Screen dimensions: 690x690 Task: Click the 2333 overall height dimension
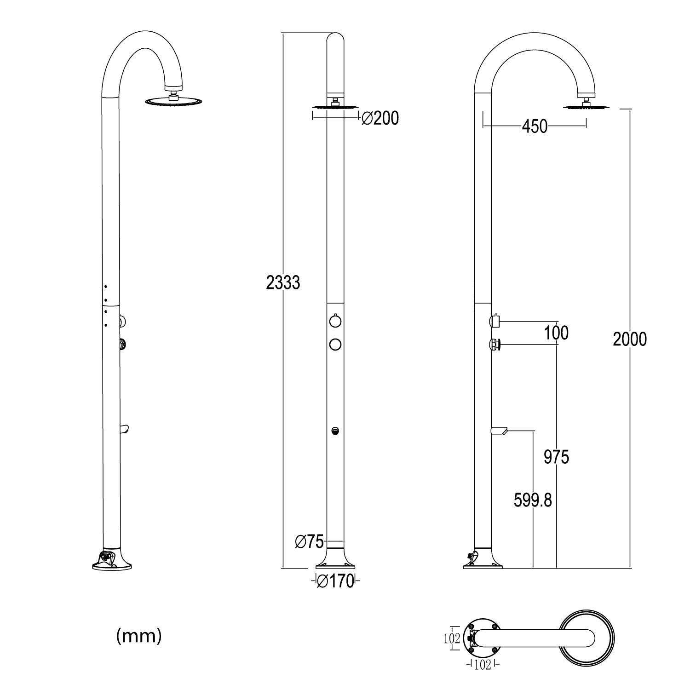pos(283,282)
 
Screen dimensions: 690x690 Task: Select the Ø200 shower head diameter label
pos(380,118)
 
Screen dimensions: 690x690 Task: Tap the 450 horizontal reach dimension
pos(535,126)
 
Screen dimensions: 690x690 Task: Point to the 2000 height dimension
pos(629,339)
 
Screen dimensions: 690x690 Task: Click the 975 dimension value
pos(556,457)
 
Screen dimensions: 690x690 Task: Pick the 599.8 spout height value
pos(533,500)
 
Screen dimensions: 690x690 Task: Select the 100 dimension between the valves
pos(556,333)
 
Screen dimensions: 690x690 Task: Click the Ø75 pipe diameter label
pos(309,542)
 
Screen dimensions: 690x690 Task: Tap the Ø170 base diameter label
pos(336,581)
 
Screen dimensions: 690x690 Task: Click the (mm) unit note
pos(139,636)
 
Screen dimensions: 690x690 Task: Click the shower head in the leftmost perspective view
pos(173,101)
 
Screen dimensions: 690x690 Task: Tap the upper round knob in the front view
pos(335,321)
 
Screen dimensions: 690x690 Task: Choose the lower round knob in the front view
pos(335,344)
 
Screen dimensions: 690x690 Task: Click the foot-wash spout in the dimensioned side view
pos(499,431)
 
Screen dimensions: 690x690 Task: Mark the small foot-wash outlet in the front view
pos(335,431)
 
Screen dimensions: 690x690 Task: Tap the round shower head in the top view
pos(586,638)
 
